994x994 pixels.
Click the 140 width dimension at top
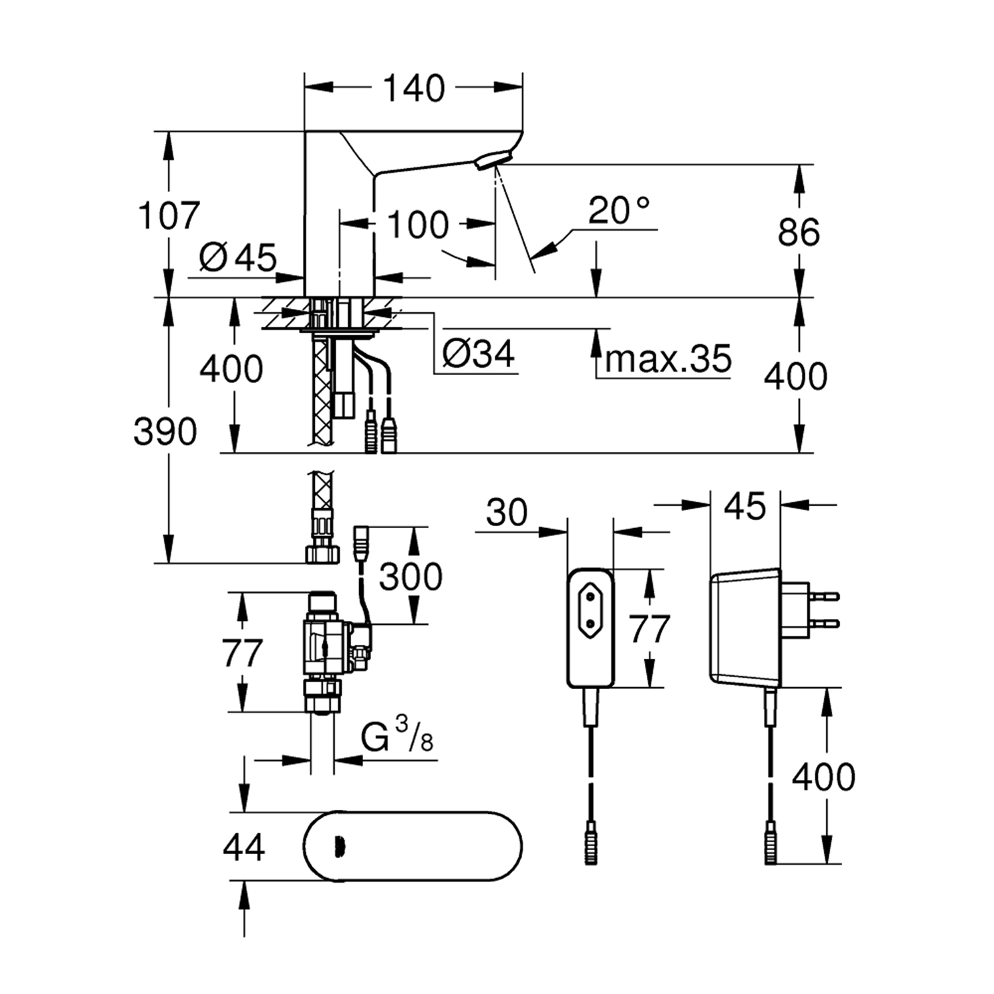coord(414,89)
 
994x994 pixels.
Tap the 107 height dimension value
coord(169,215)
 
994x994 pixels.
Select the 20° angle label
coord(619,211)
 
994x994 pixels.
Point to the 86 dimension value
coord(799,232)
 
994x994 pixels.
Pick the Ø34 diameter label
coord(478,355)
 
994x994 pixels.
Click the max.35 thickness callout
coord(668,359)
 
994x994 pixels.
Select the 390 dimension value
coord(166,432)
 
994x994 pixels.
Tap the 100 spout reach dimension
coord(417,225)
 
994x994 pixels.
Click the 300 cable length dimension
coord(411,577)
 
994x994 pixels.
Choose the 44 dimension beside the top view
coord(244,847)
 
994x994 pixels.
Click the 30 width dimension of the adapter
coord(507,513)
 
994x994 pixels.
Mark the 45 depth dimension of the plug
coord(745,507)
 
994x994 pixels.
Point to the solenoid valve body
coord(325,643)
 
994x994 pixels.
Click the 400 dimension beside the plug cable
coord(824,777)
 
